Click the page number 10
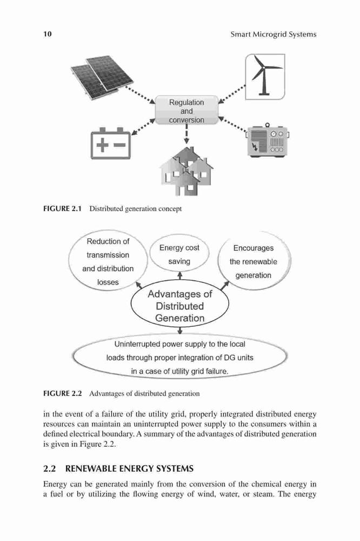48,34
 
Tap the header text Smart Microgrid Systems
274,34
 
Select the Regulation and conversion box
186,110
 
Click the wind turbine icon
265,77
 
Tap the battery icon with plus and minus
111,143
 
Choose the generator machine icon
268,141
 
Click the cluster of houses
186,171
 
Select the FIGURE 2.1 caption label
62,208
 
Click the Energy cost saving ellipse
179,254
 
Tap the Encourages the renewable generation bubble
254,261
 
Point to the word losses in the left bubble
108,282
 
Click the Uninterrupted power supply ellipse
179,357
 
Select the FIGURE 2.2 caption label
63,393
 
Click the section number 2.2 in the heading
50,469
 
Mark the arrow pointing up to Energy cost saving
179,276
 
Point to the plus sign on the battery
102,145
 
